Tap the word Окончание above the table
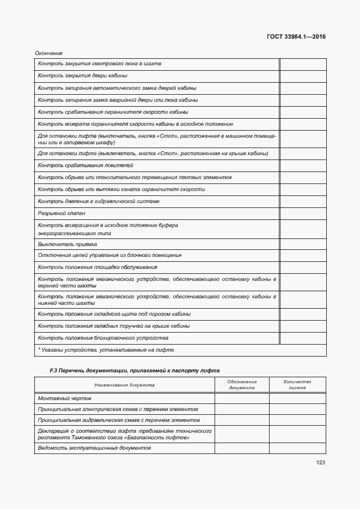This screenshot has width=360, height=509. click(49, 53)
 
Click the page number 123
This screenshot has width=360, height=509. click(320, 463)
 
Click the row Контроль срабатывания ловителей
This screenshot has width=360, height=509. click(86, 165)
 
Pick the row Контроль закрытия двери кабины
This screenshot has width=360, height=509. click(82, 76)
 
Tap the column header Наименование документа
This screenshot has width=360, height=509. click(124, 385)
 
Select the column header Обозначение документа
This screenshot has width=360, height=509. click(242, 385)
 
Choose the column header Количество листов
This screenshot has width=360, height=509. click(297, 385)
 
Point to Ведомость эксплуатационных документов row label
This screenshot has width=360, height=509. click(94, 447)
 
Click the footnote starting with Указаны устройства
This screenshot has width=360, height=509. click(107, 350)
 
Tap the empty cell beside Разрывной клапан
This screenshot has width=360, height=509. click(303, 213)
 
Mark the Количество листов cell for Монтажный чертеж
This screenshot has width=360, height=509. click(297, 398)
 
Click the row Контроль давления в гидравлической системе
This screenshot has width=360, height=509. click(99, 201)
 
